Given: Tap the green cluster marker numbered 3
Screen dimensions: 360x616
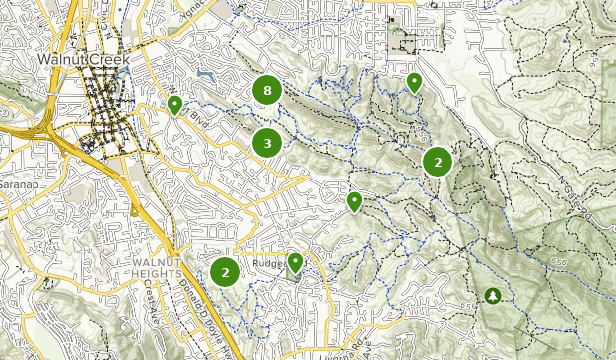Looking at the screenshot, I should click(267, 144).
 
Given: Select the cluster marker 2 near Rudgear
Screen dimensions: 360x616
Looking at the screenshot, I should click(225, 271).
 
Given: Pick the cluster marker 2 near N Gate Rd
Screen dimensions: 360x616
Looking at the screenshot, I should click(438, 162).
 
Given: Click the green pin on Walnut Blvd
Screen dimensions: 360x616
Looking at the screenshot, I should click(174, 105).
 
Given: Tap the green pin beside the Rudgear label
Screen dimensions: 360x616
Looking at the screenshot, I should click(294, 262).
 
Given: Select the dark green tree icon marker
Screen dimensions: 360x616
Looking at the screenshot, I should click(492, 295).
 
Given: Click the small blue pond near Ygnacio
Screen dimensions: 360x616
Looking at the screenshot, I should click(204, 74).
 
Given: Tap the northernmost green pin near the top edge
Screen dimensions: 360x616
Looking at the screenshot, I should click(415, 83).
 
